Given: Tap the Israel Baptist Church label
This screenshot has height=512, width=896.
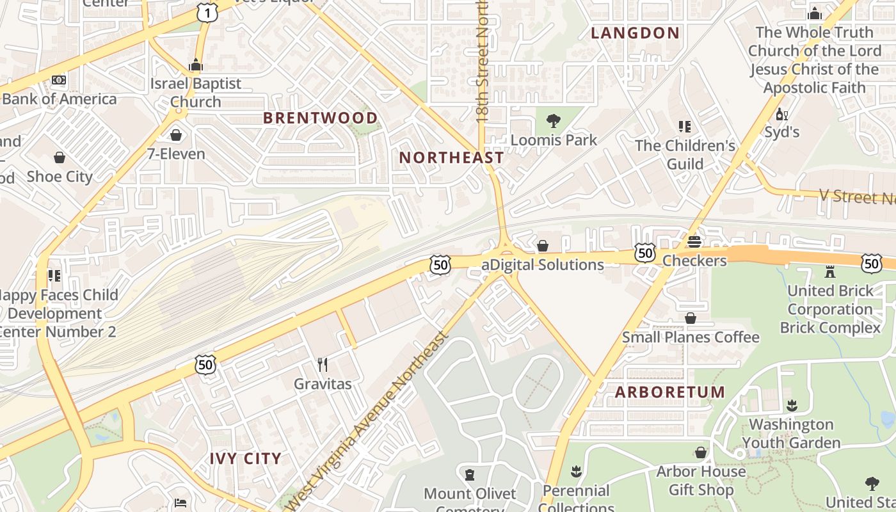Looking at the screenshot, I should (196, 92).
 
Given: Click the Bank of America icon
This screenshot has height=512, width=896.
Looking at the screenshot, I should (59, 81).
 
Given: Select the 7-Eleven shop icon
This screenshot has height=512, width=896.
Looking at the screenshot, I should (176, 135).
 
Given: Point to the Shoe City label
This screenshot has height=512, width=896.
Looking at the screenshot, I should (60, 176).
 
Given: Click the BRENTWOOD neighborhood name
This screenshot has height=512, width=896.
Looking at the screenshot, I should (321, 118).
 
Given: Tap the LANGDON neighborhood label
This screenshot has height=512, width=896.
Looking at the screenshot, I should (635, 33).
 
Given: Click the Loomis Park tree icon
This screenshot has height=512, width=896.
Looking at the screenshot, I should (553, 120).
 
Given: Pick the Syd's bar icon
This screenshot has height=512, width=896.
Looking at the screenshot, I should (781, 115).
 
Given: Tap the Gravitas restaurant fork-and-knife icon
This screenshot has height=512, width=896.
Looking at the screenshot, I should (323, 365).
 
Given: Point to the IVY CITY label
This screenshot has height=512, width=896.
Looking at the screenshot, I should (246, 458).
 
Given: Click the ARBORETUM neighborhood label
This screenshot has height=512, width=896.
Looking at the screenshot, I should (670, 392).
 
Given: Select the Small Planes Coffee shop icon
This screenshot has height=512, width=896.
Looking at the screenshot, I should (691, 318).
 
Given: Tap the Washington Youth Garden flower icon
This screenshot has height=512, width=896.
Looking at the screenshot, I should (792, 405).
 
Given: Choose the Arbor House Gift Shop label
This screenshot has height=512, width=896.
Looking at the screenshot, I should (701, 481).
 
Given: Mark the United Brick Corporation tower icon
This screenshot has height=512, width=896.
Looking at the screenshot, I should (830, 271).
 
